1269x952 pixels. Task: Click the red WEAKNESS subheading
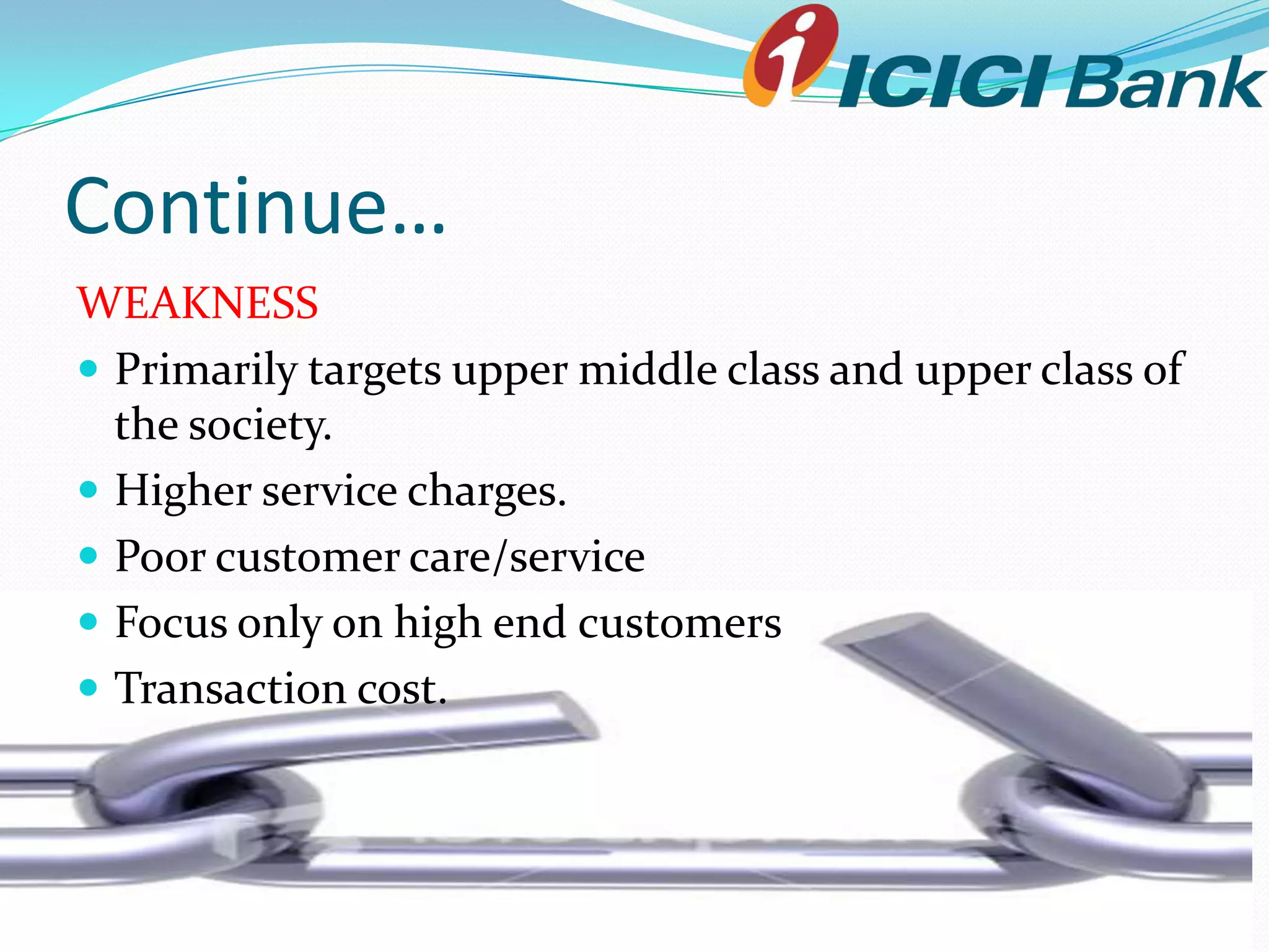[x=197, y=303]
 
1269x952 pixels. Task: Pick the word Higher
[x=183, y=491]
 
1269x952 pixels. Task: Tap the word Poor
[x=160, y=557]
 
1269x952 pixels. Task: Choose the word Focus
[x=171, y=622]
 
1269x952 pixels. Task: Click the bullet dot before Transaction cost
[x=89, y=687]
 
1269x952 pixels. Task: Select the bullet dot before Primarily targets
[x=89, y=369]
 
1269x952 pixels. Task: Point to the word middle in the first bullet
[x=648, y=369]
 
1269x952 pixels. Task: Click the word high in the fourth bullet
[x=437, y=623]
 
